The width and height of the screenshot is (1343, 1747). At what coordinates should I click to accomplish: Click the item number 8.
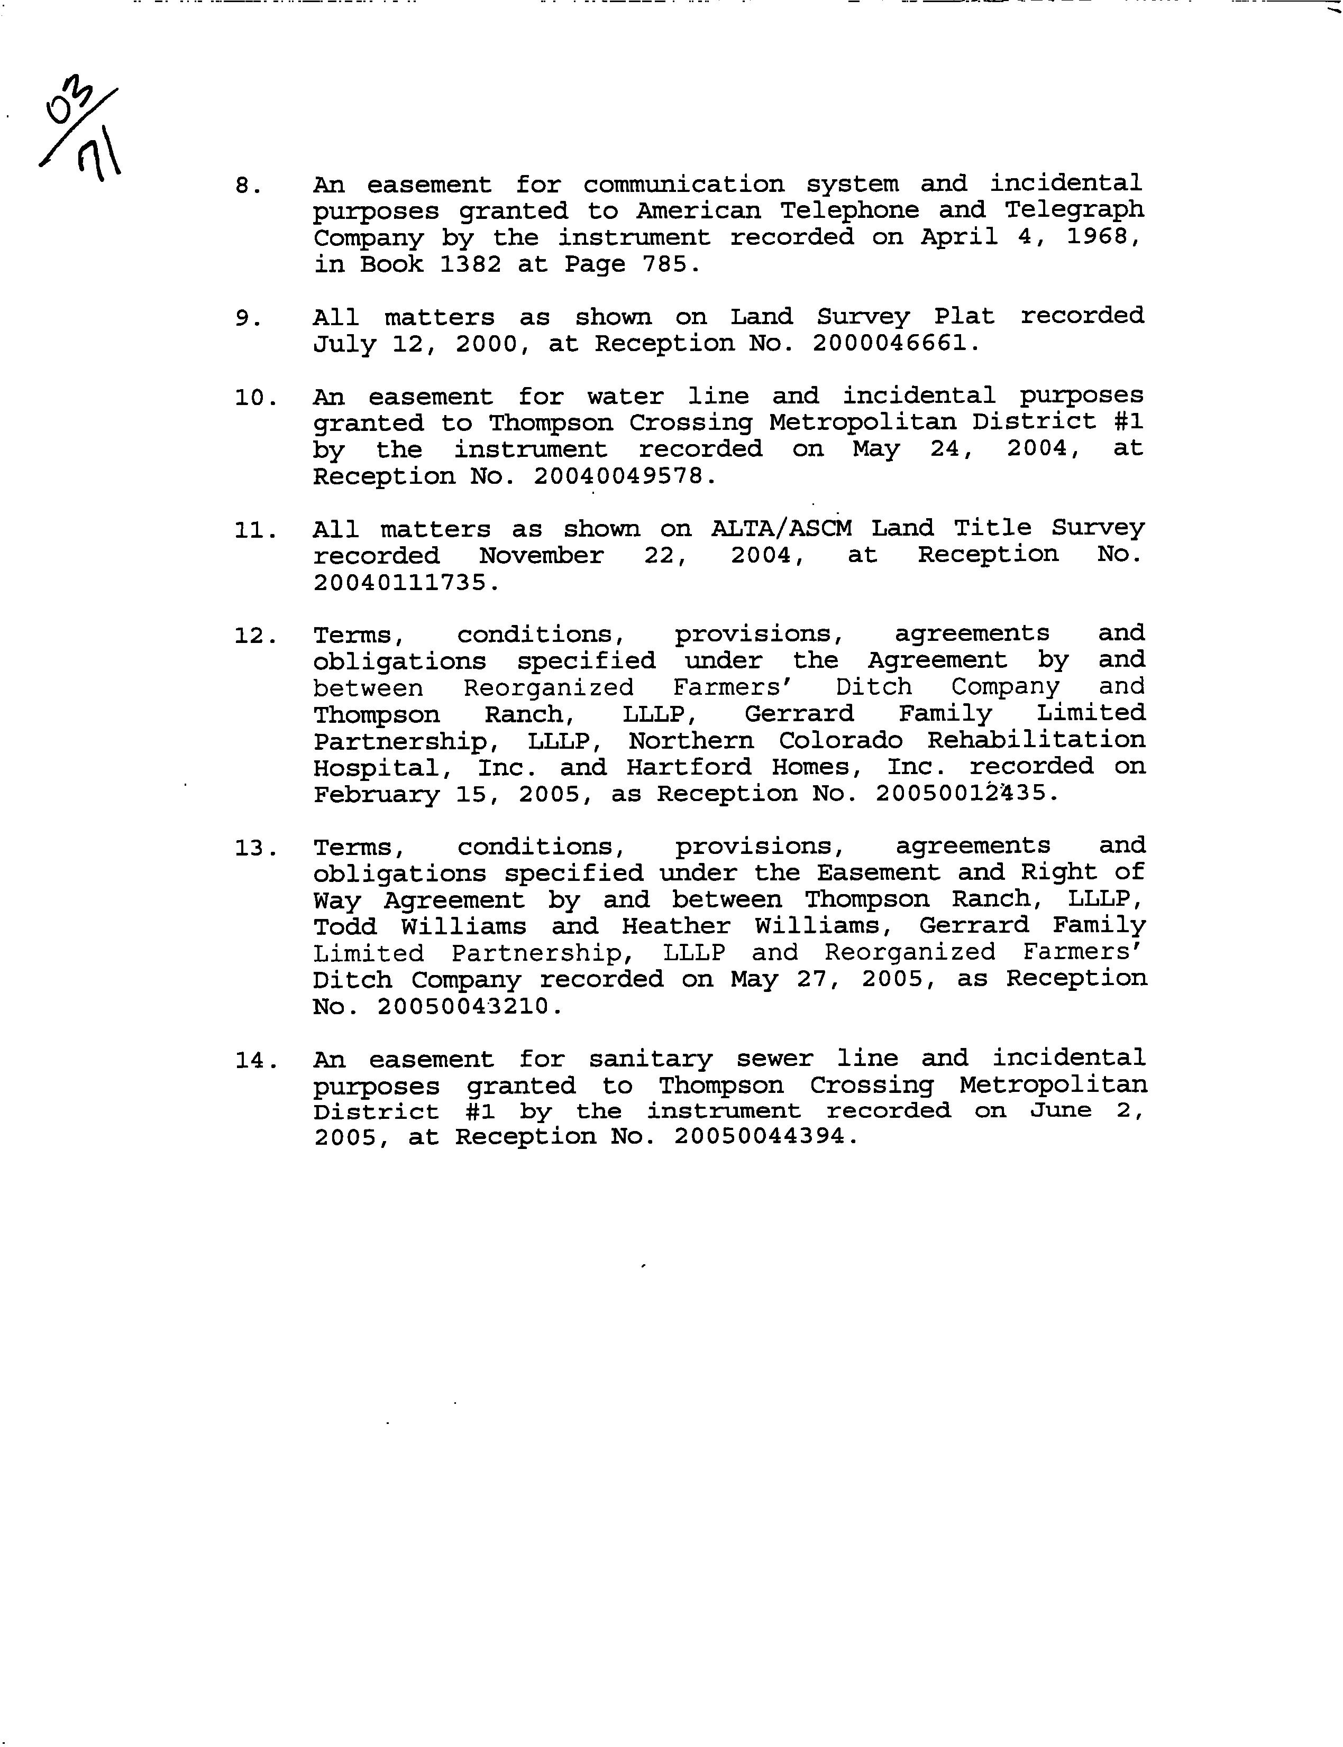click(x=248, y=186)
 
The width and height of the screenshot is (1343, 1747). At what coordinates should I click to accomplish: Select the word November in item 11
click(x=541, y=555)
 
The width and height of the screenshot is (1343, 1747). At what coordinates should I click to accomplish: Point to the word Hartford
click(x=688, y=767)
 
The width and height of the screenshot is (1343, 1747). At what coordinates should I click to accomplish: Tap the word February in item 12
click(x=376, y=794)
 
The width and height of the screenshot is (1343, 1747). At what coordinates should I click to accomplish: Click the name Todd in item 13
click(x=344, y=927)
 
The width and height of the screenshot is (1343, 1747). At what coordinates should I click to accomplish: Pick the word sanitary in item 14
click(x=650, y=1060)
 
